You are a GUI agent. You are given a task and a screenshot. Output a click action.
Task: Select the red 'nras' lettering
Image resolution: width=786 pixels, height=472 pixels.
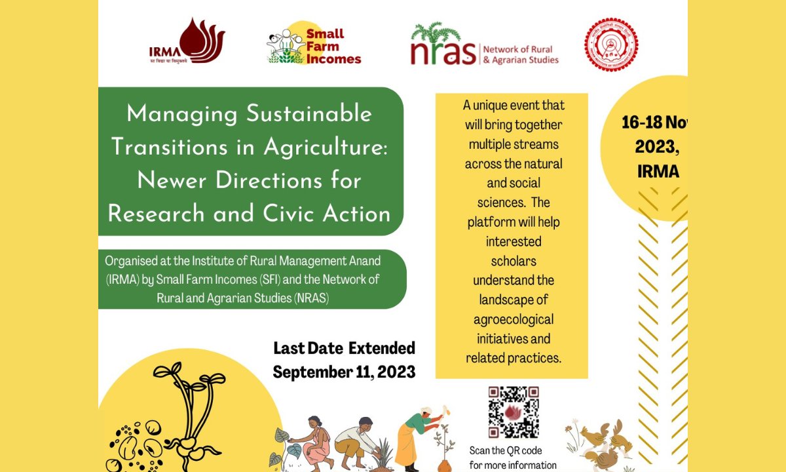pyautogui.click(x=442, y=52)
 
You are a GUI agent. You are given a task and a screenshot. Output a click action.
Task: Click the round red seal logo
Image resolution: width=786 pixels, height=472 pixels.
pyautogui.click(x=610, y=45)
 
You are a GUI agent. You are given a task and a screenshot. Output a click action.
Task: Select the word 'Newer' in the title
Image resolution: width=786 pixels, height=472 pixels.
pyautogui.click(x=171, y=180)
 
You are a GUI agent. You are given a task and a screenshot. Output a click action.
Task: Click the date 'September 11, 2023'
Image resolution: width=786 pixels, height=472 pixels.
pyautogui.click(x=344, y=372)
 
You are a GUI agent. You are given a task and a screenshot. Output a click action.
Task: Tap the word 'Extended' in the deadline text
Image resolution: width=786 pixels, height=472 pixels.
pyautogui.click(x=381, y=347)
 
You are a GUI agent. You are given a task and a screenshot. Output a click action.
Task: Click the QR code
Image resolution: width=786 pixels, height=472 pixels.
pyautogui.click(x=514, y=412)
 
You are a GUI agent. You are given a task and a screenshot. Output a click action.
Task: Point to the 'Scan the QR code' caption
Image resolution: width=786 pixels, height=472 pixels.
pyautogui.click(x=506, y=451)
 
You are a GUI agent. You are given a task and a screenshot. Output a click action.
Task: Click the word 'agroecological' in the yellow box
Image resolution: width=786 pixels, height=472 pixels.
pyautogui.click(x=514, y=320)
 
